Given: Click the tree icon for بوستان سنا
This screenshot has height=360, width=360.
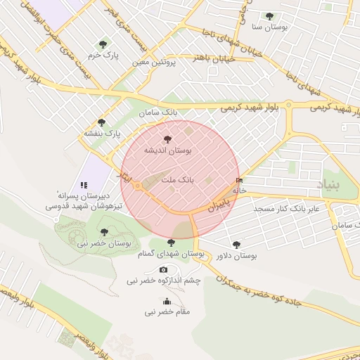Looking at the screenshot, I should click(x=269, y=16).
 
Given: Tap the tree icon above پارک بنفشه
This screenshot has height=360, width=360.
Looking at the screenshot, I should click(x=101, y=122).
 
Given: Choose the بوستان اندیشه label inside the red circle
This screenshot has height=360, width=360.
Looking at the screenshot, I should click(x=167, y=150).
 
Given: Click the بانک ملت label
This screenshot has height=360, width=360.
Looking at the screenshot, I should click(x=177, y=181).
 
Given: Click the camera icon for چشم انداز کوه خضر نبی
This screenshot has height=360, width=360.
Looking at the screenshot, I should click(x=164, y=270).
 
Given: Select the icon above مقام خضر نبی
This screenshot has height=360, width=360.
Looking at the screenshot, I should click(x=167, y=301).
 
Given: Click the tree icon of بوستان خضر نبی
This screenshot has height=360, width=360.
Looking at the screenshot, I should click(x=104, y=231).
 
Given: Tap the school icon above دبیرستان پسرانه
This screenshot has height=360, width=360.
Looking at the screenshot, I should click(x=84, y=184).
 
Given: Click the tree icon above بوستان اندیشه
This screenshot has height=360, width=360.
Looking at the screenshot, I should click(x=167, y=139).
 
